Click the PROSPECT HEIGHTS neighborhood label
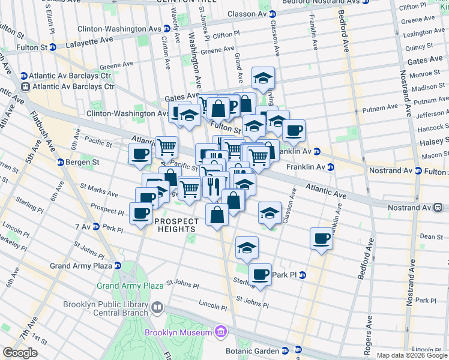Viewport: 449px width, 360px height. point(176,226)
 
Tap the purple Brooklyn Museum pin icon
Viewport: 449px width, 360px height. point(220,332)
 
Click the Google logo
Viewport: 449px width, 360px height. point(20,353)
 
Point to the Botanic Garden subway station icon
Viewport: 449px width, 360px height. point(284,351)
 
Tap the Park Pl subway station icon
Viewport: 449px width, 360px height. point(302,275)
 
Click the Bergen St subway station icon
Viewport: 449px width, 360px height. point(61,162)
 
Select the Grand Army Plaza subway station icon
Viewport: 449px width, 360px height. point(117,265)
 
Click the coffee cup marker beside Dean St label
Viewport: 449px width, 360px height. point(321,239)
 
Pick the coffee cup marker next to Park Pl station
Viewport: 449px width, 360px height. point(260,274)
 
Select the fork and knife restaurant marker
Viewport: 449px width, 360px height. point(212,187)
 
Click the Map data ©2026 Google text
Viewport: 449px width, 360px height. point(411,355)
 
